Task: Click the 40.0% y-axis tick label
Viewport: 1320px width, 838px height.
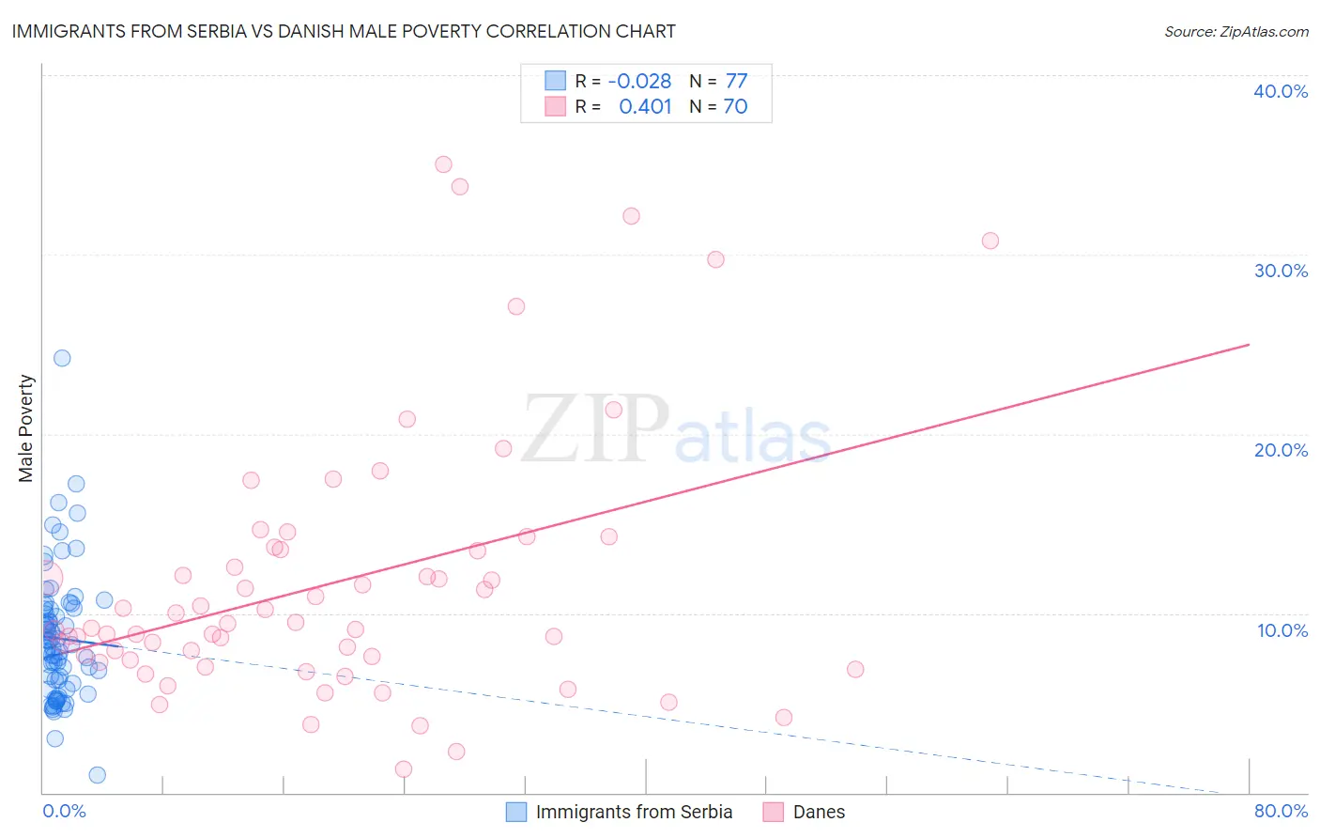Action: click(x=1281, y=91)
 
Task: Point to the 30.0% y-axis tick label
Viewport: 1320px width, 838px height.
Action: click(x=1281, y=271)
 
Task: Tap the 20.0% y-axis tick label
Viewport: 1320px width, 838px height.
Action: click(x=1281, y=450)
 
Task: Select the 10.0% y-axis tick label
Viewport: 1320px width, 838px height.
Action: click(x=1282, y=630)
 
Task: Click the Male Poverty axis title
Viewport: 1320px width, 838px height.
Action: click(x=26, y=428)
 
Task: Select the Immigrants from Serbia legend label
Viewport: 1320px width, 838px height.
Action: click(x=634, y=812)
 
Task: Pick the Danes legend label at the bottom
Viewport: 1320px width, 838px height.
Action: click(x=819, y=812)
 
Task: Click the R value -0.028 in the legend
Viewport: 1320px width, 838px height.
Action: click(x=639, y=82)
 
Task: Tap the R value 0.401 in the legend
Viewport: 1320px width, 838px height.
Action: click(x=645, y=107)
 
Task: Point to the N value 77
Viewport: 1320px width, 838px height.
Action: click(x=736, y=82)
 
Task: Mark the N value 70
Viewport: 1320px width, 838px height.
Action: click(x=735, y=107)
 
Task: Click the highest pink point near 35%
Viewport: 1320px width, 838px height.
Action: click(x=443, y=164)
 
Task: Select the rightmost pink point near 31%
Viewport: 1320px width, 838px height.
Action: click(x=990, y=241)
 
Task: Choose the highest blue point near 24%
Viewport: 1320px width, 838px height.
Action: click(x=62, y=358)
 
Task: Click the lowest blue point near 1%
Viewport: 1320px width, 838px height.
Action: click(x=97, y=775)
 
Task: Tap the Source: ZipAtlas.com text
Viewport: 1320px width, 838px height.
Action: click(x=1236, y=32)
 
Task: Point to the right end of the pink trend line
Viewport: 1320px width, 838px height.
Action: click(x=1249, y=345)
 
